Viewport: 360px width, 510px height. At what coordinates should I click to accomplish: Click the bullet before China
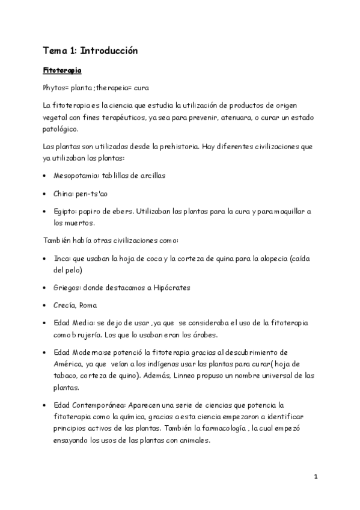click(46, 194)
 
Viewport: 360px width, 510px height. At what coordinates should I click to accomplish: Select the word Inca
click(62, 257)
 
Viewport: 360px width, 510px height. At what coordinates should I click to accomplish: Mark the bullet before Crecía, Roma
click(46, 306)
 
